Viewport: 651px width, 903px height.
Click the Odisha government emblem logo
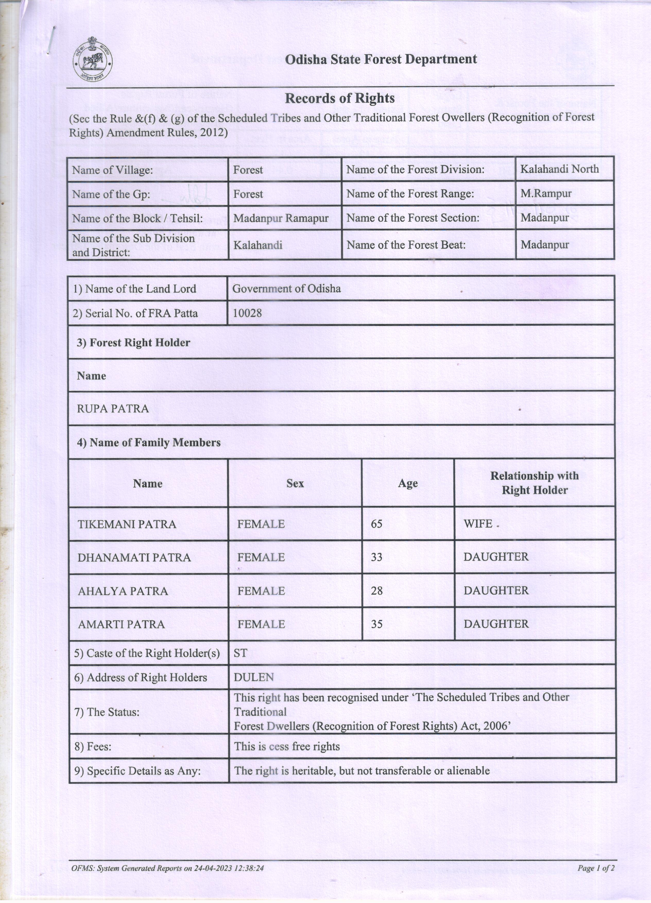click(92, 60)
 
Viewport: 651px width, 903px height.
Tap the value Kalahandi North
click(559, 169)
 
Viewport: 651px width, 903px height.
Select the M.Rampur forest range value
click(546, 194)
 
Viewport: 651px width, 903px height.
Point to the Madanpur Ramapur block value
click(281, 218)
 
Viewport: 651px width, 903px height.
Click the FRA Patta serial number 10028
click(247, 313)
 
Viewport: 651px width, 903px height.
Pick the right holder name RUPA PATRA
click(113, 408)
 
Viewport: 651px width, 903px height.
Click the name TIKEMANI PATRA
click(127, 524)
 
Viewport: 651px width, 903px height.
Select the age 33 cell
click(377, 557)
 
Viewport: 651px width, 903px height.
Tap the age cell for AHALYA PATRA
click(377, 590)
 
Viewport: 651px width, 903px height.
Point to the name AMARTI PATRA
click(122, 624)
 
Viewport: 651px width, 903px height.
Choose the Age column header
click(408, 483)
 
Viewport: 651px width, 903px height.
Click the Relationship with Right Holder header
click(534, 483)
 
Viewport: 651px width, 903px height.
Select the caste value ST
click(241, 653)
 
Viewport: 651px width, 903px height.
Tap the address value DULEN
click(254, 677)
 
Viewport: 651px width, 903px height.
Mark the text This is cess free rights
click(287, 746)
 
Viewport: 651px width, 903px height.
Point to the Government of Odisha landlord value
click(286, 288)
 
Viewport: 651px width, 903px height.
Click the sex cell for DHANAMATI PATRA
click(261, 557)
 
